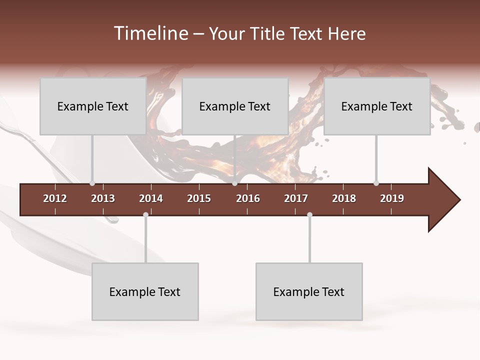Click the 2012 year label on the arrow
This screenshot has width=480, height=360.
point(55,198)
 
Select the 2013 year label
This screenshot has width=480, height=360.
point(103,198)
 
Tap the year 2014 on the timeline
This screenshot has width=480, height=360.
point(151,198)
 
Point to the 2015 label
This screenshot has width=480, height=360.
point(199,198)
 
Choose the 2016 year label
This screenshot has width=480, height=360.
point(248,198)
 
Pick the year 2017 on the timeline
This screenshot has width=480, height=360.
point(296,198)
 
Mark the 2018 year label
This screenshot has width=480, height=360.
point(344,198)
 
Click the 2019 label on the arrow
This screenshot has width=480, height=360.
point(392,198)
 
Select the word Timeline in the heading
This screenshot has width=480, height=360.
point(150,33)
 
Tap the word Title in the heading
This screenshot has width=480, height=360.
point(268,33)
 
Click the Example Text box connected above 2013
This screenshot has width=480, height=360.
point(93,106)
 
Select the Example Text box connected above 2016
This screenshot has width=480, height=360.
point(235,106)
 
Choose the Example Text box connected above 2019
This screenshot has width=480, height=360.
point(377,106)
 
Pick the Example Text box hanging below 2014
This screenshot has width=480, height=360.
point(145,291)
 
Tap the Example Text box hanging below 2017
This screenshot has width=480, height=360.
point(309,291)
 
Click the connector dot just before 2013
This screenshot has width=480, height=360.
point(92,183)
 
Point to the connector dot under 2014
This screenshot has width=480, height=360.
point(145,215)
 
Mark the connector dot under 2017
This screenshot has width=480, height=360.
point(309,215)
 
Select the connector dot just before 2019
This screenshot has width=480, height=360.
point(376,183)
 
